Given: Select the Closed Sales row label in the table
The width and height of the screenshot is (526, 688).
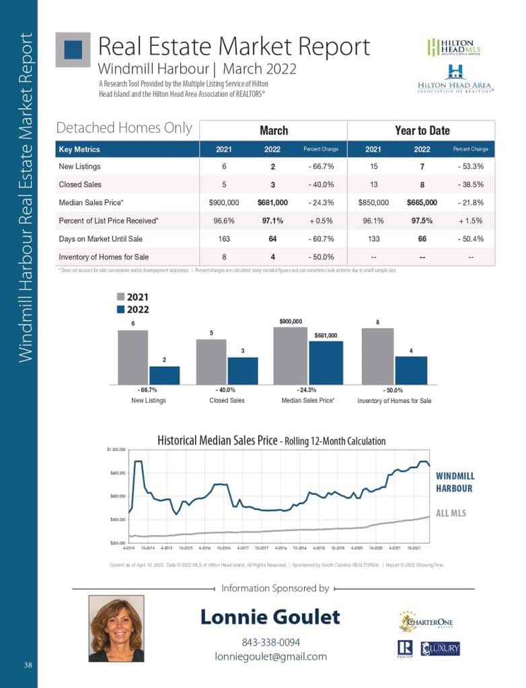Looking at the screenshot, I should tap(79, 184).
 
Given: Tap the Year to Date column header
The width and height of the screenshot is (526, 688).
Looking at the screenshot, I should tap(422, 130).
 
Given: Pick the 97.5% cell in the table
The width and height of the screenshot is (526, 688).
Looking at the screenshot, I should tap(422, 220).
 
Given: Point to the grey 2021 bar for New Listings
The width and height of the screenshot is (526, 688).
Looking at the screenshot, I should tap(133, 357).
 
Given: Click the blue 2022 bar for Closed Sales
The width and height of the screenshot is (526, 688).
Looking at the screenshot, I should tap(243, 370).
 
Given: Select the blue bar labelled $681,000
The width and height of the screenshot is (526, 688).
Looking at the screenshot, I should tap(326, 362).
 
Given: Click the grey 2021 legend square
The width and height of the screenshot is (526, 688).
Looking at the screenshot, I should tap(120, 297).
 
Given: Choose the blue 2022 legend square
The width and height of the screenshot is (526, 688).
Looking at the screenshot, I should tap(120, 310).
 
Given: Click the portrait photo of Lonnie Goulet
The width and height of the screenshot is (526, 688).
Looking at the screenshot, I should tap(116, 629).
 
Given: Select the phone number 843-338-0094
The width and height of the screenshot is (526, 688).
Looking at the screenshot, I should tap(270, 642).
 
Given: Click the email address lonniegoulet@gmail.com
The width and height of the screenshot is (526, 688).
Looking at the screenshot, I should tap(270, 656).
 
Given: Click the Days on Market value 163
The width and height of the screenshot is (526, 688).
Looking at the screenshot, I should tap(224, 239).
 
